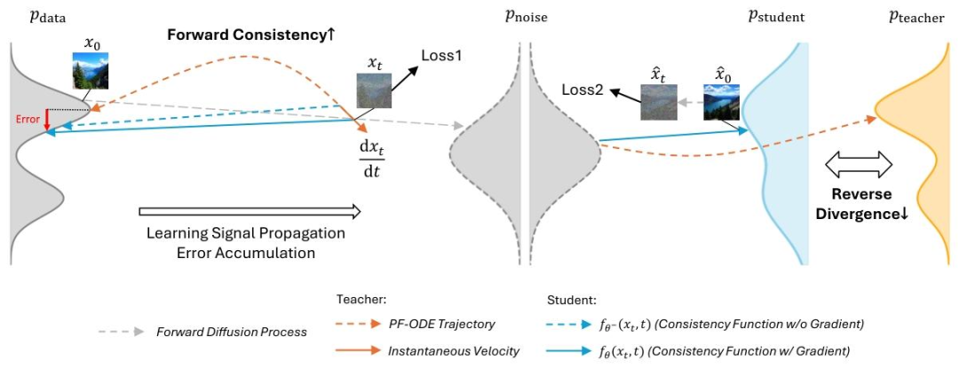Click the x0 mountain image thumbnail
pyautogui.click(x=91, y=69)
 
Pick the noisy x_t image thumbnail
pyautogui.click(x=372, y=90)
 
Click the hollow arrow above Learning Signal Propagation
pyautogui.click(x=250, y=211)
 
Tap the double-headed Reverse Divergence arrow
pyautogui.click(x=860, y=163)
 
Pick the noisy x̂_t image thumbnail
pyautogui.click(x=659, y=103)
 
